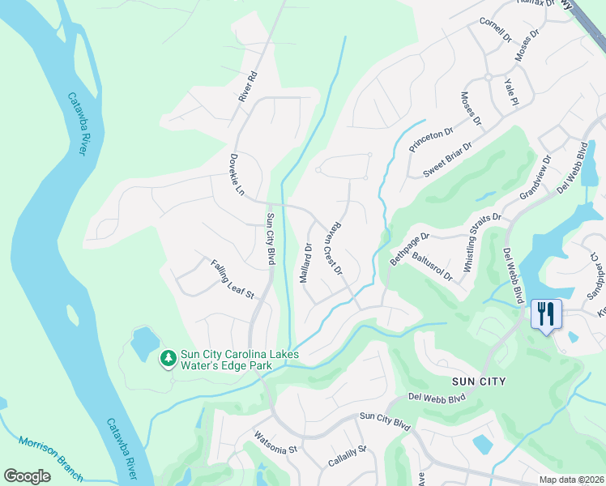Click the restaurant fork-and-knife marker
tap(545, 313)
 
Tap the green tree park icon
tap(169, 357)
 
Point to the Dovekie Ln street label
tap(236, 174)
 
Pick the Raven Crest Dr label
tap(334, 247)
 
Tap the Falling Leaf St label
tap(233, 279)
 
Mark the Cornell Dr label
tap(496, 31)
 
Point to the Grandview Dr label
tap(534, 182)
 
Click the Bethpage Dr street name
tap(409, 247)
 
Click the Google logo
tap(27, 476)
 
